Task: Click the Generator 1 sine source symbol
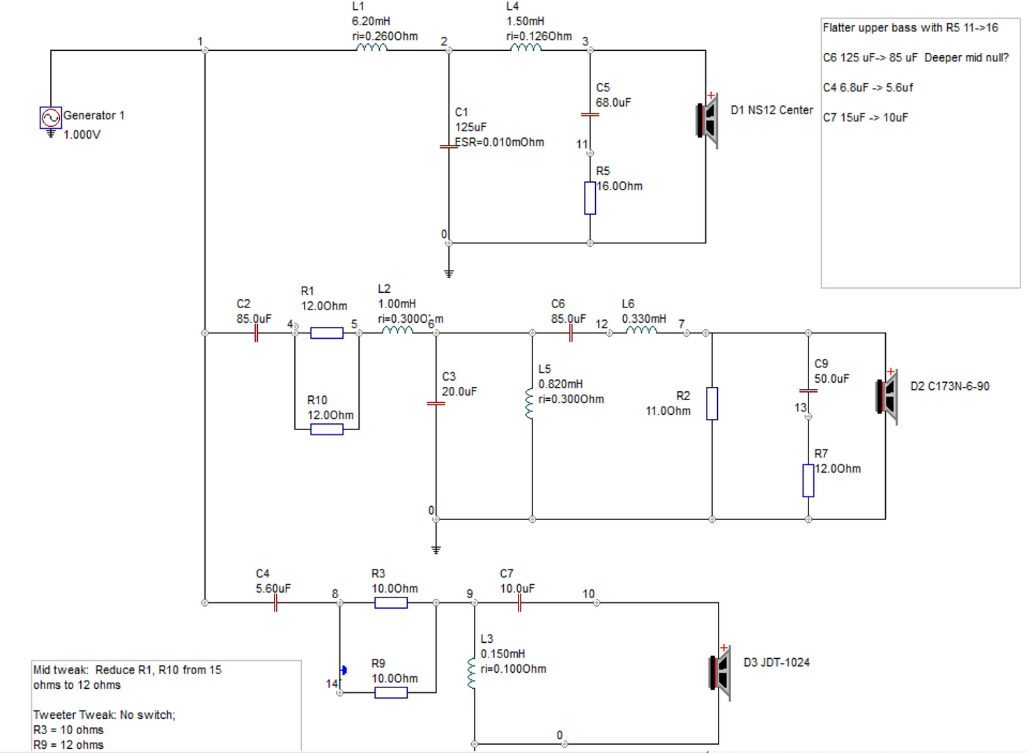pyautogui.click(x=50, y=118)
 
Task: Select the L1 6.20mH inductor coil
pyautogui.click(x=371, y=47)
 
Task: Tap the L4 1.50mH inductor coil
pyautogui.click(x=526, y=47)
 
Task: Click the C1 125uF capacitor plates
pyautogui.click(x=448, y=147)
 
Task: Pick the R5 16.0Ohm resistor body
pyautogui.click(x=590, y=198)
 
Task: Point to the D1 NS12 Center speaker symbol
pyautogui.click(x=707, y=121)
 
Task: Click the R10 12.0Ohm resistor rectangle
pyautogui.click(x=327, y=429)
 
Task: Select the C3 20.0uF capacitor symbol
pyautogui.click(x=436, y=404)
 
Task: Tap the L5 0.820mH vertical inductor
pyautogui.click(x=530, y=404)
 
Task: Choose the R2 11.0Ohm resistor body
pyautogui.click(x=712, y=404)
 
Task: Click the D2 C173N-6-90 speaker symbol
pyautogui.click(x=887, y=397)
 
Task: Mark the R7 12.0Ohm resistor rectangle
pyautogui.click(x=808, y=480)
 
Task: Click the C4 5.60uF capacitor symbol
pyautogui.click(x=275, y=603)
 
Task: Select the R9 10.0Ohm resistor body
pyautogui.click(x=391, y=693)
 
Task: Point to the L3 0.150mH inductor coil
pyautogui.click(x=471, y=674)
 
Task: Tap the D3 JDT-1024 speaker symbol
pyautogui.click(x=719, y=673)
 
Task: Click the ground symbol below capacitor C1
pyautogui.click(x=449, y=273)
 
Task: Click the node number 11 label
pyautogui.click(x=582, y=144)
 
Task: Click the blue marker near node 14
pyautogui.click(x=344, y=670)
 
